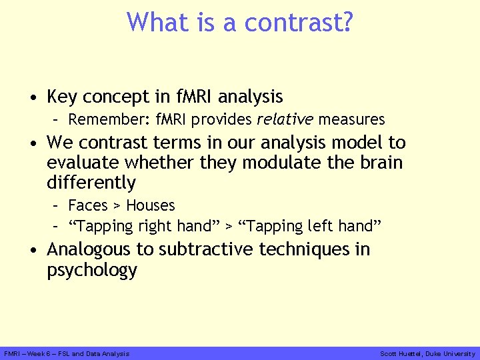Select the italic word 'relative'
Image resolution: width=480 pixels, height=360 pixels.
click(285, 120)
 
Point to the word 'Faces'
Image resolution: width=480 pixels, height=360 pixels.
click(88, 205)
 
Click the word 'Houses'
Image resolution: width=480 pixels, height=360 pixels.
click(151, 205)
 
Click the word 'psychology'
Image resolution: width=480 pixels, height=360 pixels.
click(91, 271)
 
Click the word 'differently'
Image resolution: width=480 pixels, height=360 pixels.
click(91, 183)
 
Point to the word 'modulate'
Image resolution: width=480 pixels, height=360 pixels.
click(276, 163)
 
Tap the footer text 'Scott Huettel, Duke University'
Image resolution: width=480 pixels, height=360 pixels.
click(427, 354)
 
